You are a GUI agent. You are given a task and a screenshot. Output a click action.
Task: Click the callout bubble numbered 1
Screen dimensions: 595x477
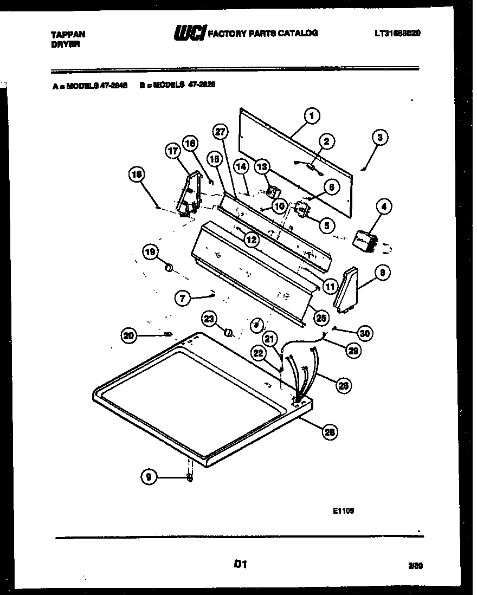311,115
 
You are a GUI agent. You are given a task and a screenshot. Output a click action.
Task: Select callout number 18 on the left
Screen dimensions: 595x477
137,174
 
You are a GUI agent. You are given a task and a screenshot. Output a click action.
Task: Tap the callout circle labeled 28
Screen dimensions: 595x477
328,431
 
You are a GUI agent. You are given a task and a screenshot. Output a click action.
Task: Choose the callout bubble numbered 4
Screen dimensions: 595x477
383,206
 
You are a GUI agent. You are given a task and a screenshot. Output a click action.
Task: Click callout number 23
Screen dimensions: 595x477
210,319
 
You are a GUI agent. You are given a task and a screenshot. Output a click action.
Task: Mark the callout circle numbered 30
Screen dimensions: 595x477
365,333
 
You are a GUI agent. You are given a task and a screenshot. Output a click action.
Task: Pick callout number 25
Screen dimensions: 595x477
322,316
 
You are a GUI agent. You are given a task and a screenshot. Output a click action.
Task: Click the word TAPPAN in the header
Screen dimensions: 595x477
68,34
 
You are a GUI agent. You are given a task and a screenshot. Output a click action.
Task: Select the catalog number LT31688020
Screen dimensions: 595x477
397,33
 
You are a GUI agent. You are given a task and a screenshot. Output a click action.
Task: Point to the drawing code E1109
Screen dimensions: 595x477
344,510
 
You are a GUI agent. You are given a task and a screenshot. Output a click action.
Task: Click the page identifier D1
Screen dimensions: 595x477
240,565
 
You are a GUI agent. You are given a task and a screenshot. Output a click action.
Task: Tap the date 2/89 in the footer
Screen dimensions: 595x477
415,566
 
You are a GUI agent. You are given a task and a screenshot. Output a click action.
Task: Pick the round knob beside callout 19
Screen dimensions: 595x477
169,267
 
